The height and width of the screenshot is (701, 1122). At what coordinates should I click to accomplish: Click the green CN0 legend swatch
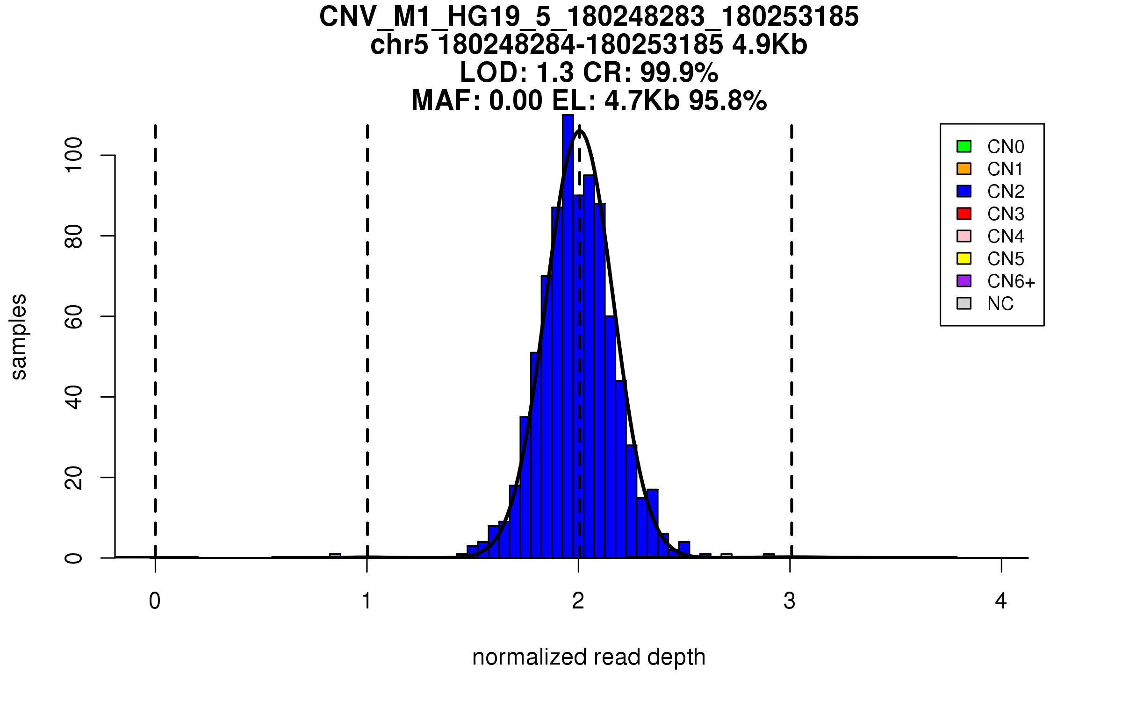964,146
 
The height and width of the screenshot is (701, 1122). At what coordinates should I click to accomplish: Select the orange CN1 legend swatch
964,169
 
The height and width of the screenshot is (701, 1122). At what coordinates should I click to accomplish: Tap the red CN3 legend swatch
964,214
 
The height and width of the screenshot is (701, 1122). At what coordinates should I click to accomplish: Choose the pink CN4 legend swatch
964,236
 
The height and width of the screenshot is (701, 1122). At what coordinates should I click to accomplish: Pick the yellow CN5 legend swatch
964,258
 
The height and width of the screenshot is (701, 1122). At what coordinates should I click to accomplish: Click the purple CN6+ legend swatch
964,281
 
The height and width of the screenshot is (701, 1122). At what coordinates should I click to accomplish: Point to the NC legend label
1000,304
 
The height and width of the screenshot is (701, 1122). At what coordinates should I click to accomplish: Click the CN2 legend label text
1006,192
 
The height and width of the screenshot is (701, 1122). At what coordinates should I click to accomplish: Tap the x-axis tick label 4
1001,601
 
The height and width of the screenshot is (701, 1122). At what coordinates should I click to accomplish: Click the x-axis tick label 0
155,601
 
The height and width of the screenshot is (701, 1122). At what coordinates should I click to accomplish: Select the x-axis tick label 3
790,601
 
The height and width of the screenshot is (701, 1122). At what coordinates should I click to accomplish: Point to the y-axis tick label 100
74,155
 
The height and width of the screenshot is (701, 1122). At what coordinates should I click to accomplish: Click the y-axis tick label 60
74,316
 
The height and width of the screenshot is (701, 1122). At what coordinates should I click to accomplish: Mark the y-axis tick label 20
74,478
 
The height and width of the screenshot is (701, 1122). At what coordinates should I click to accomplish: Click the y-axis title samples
19,336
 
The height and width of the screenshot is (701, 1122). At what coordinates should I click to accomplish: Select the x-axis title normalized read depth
589,657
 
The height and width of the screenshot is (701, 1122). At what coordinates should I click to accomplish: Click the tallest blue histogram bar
568,336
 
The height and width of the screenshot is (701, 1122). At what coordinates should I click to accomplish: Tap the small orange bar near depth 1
335,556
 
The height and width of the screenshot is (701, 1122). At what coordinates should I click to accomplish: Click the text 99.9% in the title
679,72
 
